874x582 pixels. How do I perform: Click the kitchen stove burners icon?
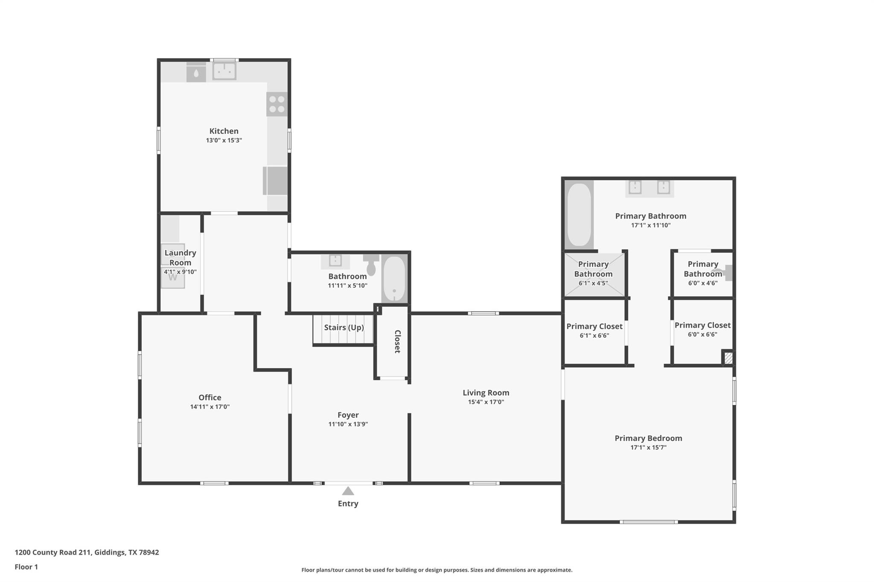(x=277, y=104)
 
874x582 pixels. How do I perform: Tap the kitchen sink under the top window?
(x=224, y=71)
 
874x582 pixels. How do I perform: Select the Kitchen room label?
(x=224, y=131)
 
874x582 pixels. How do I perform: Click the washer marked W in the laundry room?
(x=173, y=278)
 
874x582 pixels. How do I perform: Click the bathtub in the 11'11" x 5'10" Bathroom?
(x=394, y=278)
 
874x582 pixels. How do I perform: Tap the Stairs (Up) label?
(x=344, y=327)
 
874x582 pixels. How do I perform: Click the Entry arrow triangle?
(x=348, y=491)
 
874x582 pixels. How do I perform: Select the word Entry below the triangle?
(x=348, y=504)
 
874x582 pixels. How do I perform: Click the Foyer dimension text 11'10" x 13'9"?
(x=348, y=424)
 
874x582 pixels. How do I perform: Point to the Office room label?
(x=210, y=397)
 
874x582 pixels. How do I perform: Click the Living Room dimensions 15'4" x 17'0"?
(x=486, y=402)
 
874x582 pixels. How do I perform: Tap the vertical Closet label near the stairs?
(x=397, y=342)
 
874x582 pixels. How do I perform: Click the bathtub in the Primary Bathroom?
(x=579, y=214)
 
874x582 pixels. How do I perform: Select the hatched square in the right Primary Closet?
(x=728, y=358)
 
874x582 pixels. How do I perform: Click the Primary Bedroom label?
(x=648, y=438)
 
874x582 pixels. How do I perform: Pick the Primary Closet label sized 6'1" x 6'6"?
(x=594, y=326)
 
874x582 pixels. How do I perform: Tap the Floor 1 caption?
(x=26, y=567)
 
